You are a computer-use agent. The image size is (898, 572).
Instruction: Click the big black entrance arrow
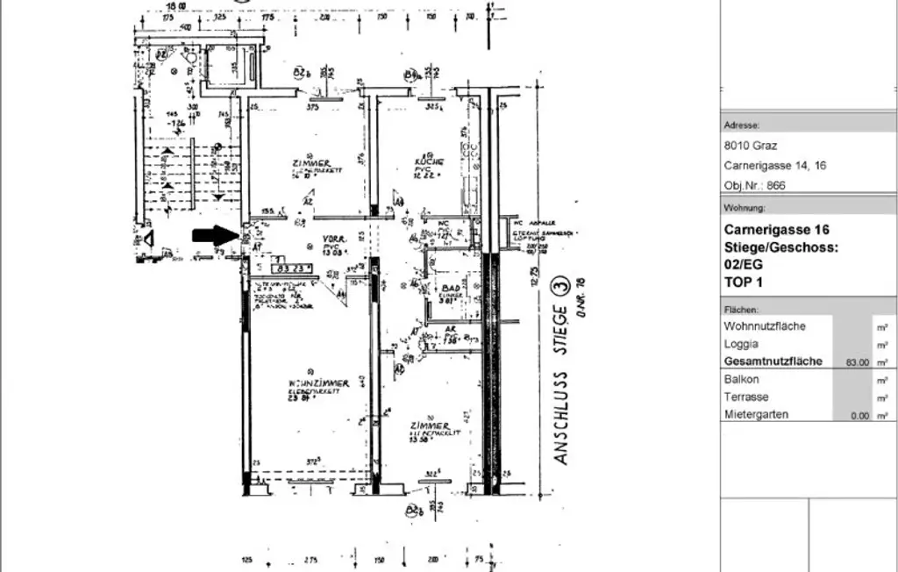coord(214,234)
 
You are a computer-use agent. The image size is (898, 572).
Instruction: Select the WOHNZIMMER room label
coord(318,383)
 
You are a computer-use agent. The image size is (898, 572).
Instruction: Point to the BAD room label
coord(452,288)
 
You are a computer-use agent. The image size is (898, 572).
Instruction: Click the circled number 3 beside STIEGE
coord(559,287)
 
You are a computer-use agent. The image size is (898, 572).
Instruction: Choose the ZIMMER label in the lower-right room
coord(429,426)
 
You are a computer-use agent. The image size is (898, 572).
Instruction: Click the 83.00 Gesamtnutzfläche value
coord(857,361)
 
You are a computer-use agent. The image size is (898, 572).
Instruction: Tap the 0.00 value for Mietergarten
coord(859,416)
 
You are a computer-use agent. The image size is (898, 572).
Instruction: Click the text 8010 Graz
coord(750,146)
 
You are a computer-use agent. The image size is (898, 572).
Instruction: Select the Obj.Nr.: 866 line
coord(754,185)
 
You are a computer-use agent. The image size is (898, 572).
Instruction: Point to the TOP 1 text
coord(743,282)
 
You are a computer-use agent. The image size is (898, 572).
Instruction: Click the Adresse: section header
coord(741,125)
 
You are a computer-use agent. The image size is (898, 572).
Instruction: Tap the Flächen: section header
coord(741,310)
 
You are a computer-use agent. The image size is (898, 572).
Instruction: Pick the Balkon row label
coord(741,380)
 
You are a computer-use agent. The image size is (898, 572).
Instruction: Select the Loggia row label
coord(741,344)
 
